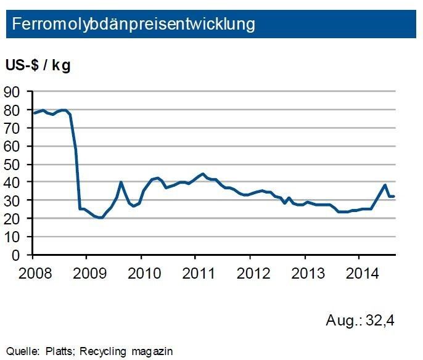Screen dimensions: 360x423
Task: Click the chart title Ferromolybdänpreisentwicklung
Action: click(133, 25)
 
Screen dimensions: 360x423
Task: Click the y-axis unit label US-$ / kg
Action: click(38, 66)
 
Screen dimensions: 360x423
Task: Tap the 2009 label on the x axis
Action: click(86, 272)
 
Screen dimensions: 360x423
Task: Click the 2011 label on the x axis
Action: click(195, 272)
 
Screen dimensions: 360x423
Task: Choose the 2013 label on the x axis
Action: click(304, 272)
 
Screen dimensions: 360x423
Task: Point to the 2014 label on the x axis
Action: click(358, 272)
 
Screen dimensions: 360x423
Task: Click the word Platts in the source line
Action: click(60, 351)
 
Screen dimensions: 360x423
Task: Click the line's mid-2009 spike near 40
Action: click(121, 182)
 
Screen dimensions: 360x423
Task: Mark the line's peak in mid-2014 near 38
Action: click(385, 185)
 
